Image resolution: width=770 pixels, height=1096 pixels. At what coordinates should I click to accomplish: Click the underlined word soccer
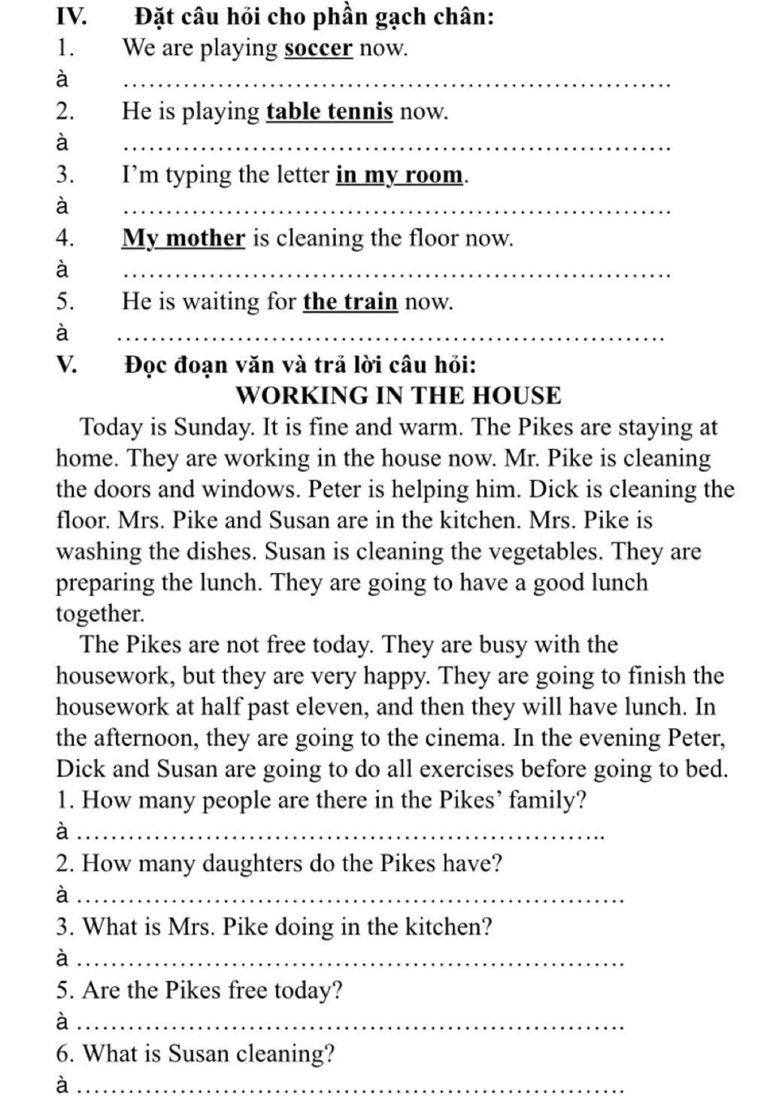click(x=318, y=49)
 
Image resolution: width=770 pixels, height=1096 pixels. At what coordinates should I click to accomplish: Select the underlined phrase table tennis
click(x=329, y=112)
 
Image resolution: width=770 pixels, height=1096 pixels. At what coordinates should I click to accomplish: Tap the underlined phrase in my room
click(x=399, y=175)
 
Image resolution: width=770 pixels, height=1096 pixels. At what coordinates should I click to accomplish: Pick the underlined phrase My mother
click(x=183, y=238)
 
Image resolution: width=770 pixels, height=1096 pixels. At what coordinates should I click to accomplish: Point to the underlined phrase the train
click(x=350, y=302)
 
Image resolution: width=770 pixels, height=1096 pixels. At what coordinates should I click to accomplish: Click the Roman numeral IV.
click(x=71, y=16)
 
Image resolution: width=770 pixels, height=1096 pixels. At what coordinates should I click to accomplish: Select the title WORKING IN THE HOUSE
click(x=399, y=396)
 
